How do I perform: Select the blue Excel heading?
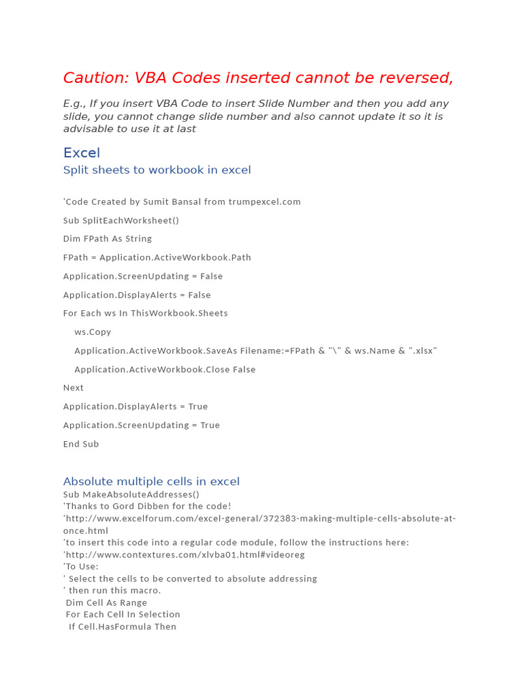tap(82, 152)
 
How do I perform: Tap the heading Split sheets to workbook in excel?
tap(157, 170)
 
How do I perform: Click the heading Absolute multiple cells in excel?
tap(151, 482)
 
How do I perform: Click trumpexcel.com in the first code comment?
tap(264, 202)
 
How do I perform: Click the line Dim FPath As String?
tap(108, 239)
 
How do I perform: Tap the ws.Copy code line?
tap(93, 332)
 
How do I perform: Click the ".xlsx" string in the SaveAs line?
tap(422, 351)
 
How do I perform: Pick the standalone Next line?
tap(74, 388)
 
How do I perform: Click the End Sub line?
tap(81, 444)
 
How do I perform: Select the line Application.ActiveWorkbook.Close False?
tap(165, 370)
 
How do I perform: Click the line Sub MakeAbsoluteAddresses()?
tap(131, 495)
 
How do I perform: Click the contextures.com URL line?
tap(184, 555)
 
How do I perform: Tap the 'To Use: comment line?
tap(81, 566)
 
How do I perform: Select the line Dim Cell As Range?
tap(106, 602)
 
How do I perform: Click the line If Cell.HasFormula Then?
tap(123, 627)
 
